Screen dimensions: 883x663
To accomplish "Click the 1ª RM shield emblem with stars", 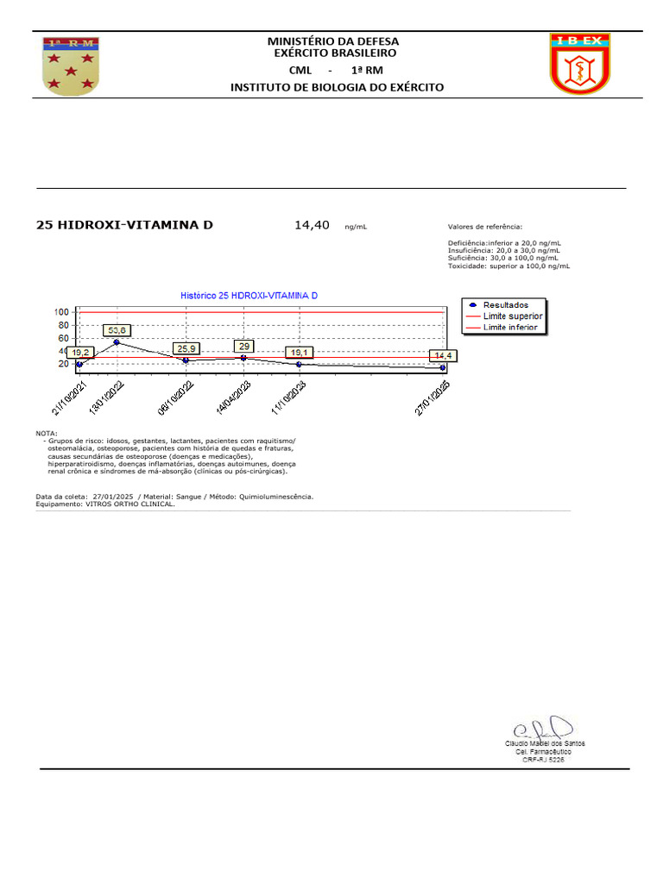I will [70, 66].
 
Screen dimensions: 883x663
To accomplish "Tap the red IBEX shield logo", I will [580, 64].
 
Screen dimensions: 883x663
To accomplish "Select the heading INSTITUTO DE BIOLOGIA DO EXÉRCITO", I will [337, 87].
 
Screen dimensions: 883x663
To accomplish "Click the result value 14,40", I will [312, 225].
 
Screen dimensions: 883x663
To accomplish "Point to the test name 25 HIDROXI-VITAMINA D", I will [124, 225].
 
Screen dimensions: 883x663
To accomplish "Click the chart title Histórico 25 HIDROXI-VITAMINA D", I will [249, 296].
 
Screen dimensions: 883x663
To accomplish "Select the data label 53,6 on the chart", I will [117, 330].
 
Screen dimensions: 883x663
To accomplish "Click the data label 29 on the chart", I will [243, 346].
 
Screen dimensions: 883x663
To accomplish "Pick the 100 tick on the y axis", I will [61, 312].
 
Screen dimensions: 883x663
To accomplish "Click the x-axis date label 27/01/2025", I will [433, 399].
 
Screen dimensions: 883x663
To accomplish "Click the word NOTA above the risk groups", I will [47, 433].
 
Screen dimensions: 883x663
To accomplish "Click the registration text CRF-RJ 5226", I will [544, 760].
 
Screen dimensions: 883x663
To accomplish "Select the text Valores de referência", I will [485, 227].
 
